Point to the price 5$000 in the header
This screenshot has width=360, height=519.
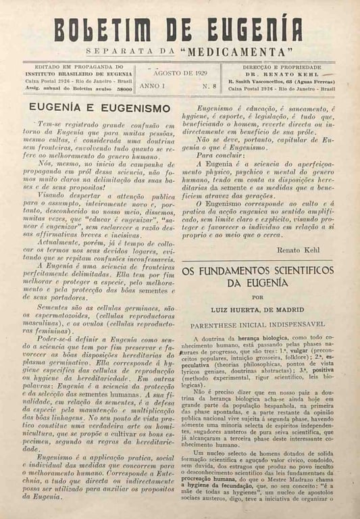124,89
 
